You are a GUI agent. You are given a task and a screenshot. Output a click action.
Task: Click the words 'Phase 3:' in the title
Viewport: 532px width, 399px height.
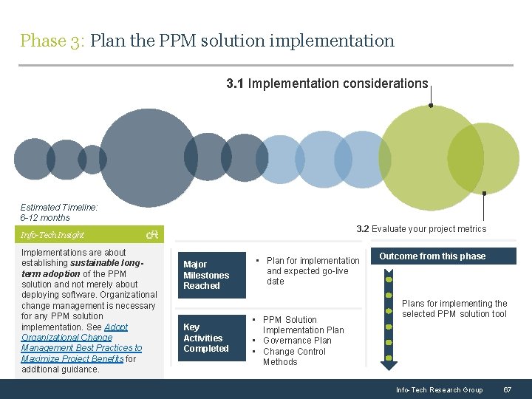pyautogui.click(x=53, y=41)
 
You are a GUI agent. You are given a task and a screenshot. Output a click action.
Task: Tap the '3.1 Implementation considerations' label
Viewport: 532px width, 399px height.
pyautogui.click(x=327, y=83)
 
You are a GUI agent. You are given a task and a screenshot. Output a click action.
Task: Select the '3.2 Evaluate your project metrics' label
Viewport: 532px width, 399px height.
pyautogui.click(x=421, y=229)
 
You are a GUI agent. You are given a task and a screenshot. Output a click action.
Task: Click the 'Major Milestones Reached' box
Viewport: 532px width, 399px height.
pyautogui.click(x=211, y=275)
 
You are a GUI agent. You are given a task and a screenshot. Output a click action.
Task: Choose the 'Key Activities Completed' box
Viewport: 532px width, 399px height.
pyautogui.click(x=211, y=338)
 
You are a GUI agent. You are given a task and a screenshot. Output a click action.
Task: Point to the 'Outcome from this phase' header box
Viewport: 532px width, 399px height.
pyautogui.click(x=432, y=256)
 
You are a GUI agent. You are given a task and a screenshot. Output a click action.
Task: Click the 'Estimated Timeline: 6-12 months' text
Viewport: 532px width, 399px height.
pyautogui.click(x=59, y=213)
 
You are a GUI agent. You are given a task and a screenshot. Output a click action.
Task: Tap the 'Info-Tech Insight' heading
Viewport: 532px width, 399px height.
pyautogui.click(x=52, y=235)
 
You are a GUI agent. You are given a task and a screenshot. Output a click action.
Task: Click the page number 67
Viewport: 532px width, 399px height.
pyautogui.click(x=507, y=389)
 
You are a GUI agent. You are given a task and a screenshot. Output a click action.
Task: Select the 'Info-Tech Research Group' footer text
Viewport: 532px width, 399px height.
pyautogui.click(x=439, y=389)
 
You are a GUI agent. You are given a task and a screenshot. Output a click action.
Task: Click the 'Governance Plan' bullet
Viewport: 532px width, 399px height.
pyautogui.click(x=298, y=341)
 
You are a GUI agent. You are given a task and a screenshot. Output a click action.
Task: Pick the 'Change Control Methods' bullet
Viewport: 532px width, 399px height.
pyautogui.click(x=294, y=357)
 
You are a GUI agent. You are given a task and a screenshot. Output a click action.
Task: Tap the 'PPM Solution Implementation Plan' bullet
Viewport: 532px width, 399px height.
pyautogui.click(x=303, y=325)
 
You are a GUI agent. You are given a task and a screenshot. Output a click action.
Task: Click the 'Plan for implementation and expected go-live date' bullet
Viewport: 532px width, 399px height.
pyautogui.click(x=313, y=270)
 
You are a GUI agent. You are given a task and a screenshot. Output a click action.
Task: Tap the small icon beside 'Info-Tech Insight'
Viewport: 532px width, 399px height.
pyautogui.click(x=153, y=235)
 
